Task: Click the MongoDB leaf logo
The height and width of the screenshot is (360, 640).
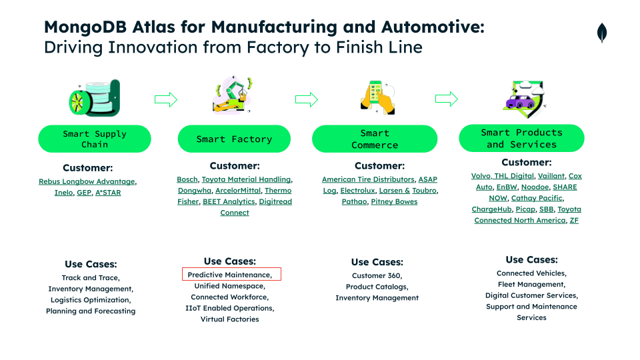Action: [601, 33]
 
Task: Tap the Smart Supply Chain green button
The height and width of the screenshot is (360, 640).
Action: [95, 139]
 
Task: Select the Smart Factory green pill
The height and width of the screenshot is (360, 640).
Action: [234, 139]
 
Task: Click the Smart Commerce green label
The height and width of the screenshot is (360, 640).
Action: [375, 139]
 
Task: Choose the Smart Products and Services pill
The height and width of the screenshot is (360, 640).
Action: [521, 138]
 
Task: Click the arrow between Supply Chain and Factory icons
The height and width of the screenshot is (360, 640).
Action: [166, 99]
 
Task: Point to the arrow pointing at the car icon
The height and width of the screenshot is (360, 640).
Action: [447, 99]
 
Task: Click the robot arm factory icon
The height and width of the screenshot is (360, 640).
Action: [233, 95]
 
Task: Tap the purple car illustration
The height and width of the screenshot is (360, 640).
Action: [520, 101]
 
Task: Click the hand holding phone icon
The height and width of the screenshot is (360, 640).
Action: [378, 97]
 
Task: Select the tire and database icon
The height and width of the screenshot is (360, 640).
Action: [95, 98]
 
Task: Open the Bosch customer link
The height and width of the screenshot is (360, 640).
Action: [187, 179]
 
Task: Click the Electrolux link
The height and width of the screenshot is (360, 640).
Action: [357, 190]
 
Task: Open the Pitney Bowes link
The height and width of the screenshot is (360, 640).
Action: [394, 201]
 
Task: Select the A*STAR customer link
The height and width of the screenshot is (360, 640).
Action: [108, 192]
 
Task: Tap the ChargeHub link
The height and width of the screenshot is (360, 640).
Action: [491, 209]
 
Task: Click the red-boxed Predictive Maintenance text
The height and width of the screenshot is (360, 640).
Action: [230, 275]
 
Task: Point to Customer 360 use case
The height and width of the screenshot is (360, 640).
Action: [377, 275]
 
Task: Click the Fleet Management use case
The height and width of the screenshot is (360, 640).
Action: [531, 284]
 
